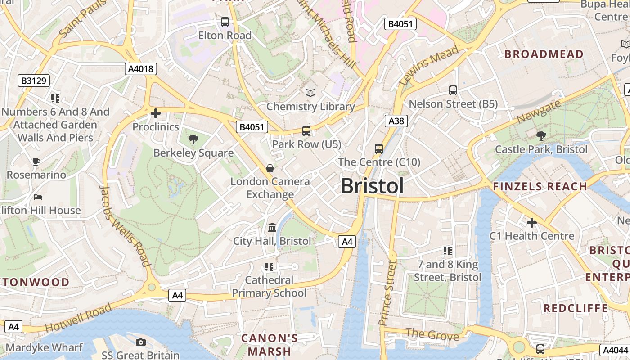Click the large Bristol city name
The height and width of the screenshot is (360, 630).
click(372, 186)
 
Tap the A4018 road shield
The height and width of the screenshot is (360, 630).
click(140, 69)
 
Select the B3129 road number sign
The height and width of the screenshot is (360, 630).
click(34, 81)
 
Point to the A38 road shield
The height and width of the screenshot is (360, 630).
click(396, 121)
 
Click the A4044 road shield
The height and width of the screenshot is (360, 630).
click(615, 350)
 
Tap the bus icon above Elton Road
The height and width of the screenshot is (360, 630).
click(225, 22)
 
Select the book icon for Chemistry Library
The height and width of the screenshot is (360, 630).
click(310, 93)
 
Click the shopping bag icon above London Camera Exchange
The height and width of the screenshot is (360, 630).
click(270, 168)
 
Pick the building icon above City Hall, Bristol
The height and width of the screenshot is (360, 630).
click(272, 228)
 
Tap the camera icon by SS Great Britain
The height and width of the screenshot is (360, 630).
click(140, 342)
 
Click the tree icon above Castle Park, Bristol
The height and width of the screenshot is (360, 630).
click(541, 135)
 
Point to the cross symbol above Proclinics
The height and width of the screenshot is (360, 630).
click(156, 113)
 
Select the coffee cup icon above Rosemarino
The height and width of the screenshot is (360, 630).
click(36, 161)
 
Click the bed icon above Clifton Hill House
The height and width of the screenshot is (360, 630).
click(38, 197)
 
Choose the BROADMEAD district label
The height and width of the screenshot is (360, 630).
click(544, 54)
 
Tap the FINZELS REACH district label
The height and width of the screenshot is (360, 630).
click(540, 186)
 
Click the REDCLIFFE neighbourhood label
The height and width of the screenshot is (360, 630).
click(576, 308)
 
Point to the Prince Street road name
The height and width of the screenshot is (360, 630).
click(387, 293)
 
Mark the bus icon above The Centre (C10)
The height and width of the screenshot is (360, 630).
click(379, 148)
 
